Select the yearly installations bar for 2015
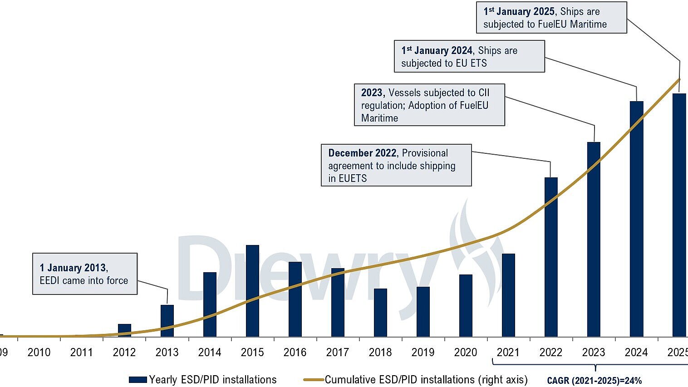[252, 290]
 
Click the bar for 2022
[551, 257]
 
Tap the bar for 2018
[380, 313]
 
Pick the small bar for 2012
[124, 330]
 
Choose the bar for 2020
[466, 305]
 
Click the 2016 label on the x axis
[295, 353]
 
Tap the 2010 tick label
[39, 353]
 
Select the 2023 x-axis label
[594, 353]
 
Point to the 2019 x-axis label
[423, 353]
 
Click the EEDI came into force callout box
[85, 274]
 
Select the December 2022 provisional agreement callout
[396, 165]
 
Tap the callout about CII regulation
[429, 105]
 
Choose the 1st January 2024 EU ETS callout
[469, 57]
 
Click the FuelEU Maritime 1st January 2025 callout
[551, 18]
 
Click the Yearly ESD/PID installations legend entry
[203, 380]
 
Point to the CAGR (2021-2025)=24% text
[594, 381]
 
